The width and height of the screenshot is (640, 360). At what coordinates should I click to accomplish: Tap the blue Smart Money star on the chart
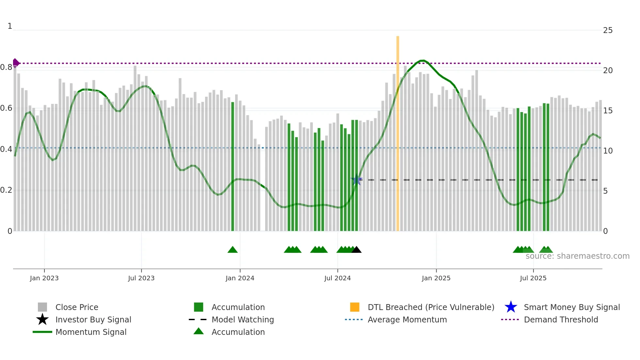pos(357,180)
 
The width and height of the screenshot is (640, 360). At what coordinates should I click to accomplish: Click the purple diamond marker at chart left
pos(16,63)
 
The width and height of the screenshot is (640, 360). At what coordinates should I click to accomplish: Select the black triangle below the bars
pos(356,250)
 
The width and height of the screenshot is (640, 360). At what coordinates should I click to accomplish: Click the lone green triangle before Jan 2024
pos(232,250)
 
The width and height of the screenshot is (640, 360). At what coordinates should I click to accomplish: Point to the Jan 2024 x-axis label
pos(240,278)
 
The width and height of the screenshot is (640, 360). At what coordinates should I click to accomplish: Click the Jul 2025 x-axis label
pos(533,278)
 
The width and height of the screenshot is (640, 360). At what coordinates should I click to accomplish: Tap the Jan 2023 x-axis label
pos(44,278)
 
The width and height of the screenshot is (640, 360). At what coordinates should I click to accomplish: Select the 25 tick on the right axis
pos(608,30)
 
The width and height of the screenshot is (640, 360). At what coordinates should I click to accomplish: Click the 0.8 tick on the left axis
pos(7,67)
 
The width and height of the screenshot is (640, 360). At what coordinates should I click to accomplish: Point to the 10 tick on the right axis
pos(608,151)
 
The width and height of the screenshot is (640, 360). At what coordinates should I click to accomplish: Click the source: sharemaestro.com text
pos(577,256)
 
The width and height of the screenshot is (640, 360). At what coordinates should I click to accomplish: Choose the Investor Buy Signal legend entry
pos(93,319)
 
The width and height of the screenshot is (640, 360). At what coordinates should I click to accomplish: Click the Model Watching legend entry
pos(243,319)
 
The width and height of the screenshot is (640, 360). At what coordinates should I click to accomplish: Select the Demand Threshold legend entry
pos(561,319)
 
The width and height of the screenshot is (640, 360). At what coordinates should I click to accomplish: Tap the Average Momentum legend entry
pos(407,319)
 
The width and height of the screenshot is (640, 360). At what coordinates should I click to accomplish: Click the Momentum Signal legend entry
pos(91,332)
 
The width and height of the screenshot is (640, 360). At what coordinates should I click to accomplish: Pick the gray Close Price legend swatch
pos(42,307)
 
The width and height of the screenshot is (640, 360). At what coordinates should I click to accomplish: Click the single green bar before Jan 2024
pos(232,167)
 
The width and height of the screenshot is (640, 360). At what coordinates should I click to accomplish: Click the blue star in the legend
pos(511,307)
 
